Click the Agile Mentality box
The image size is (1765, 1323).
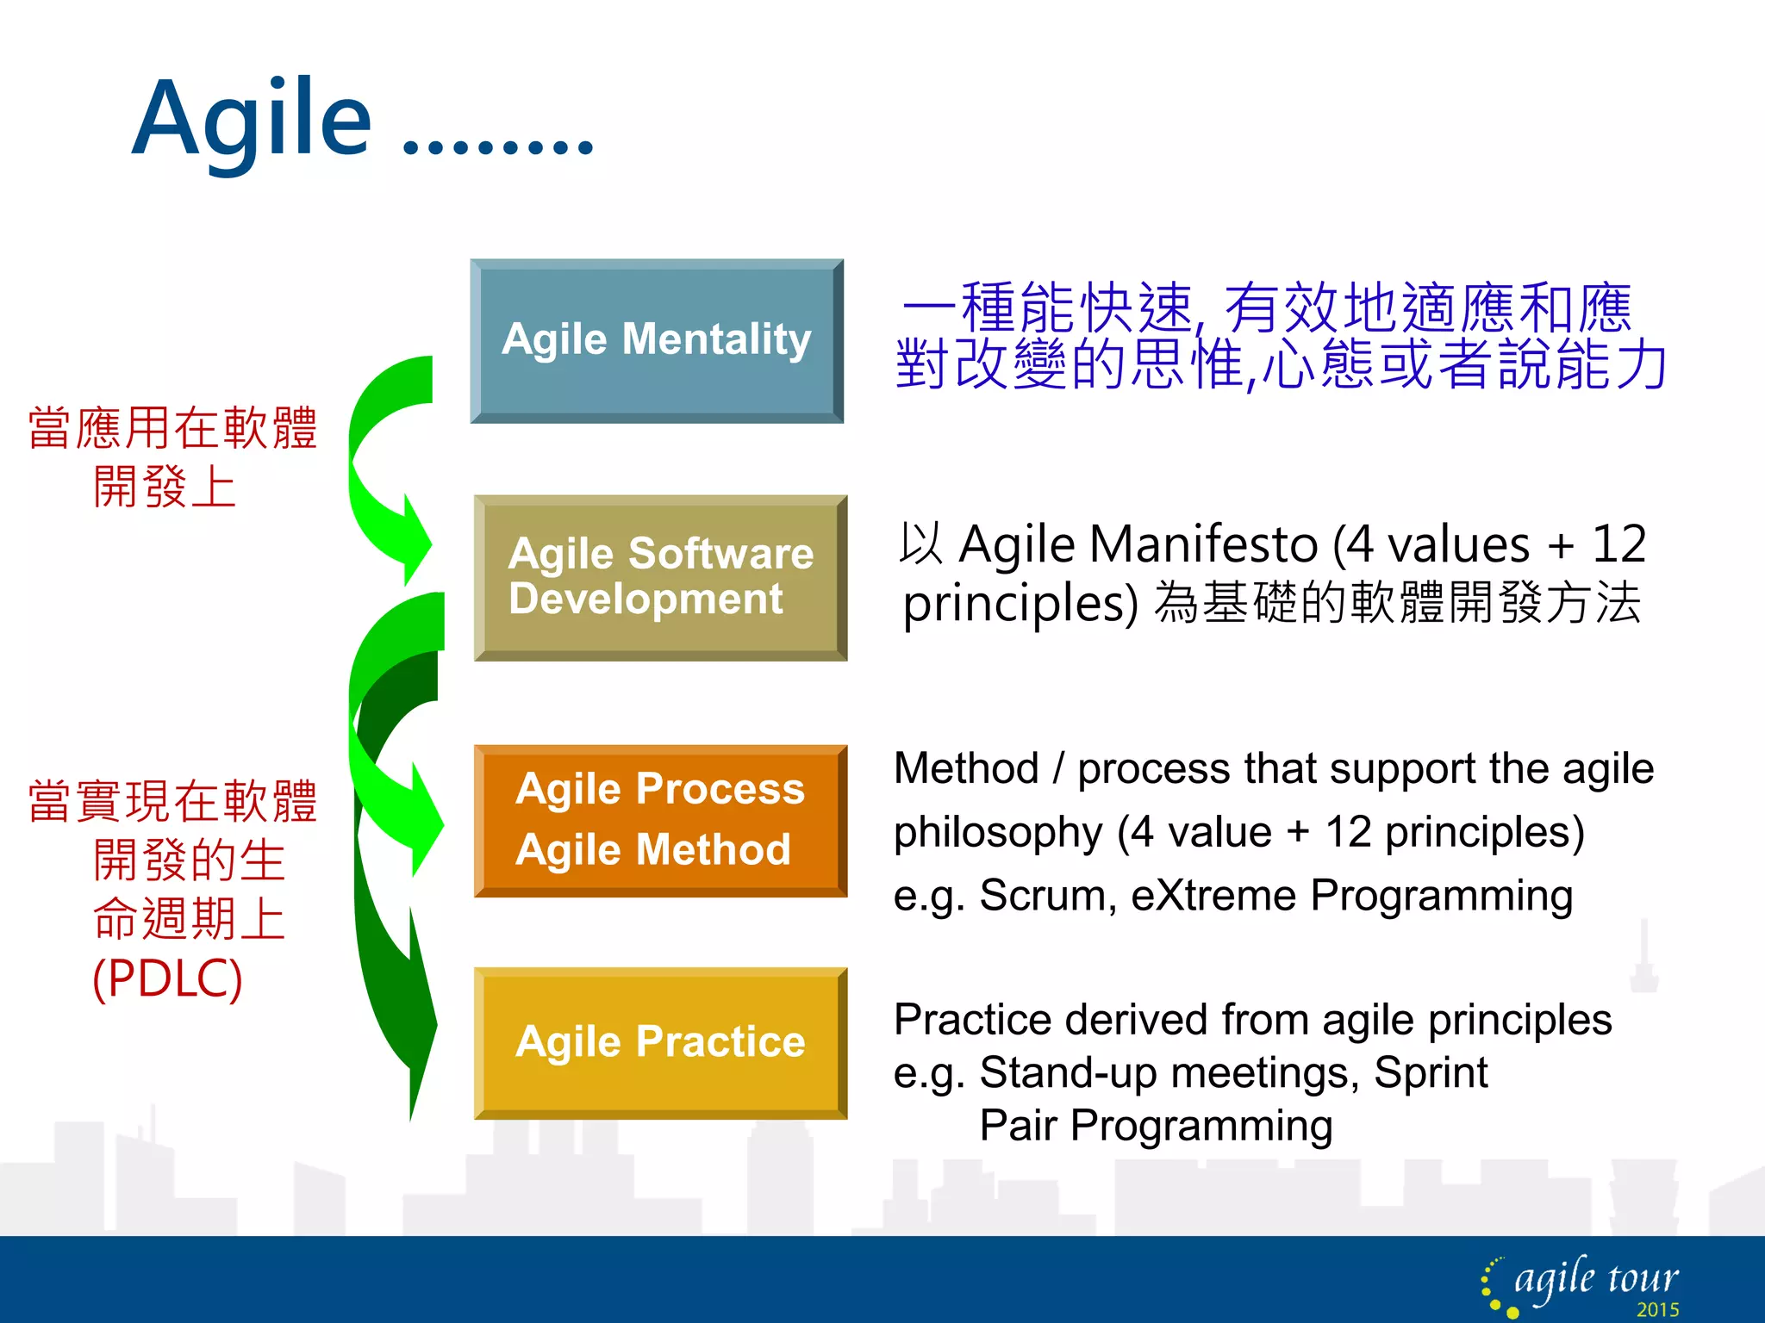[657, 340]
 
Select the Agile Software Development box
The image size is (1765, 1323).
[660, 577]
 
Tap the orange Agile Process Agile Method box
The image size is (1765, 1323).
[660, 820]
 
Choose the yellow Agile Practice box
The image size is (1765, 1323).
[660, 1042]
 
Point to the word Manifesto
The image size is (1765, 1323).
[1203, 545]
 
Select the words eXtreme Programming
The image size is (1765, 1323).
[1351, 896]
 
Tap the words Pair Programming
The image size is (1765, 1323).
[1156, 1126]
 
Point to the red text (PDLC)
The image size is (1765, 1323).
[167, 979]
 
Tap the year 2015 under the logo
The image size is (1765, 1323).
[1657, 1310]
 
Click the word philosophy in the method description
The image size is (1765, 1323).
[998, 833]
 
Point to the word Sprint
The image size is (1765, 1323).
[1431, 1073]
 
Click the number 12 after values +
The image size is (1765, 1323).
[1618, 545]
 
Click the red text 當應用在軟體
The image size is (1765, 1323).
[172, 428]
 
